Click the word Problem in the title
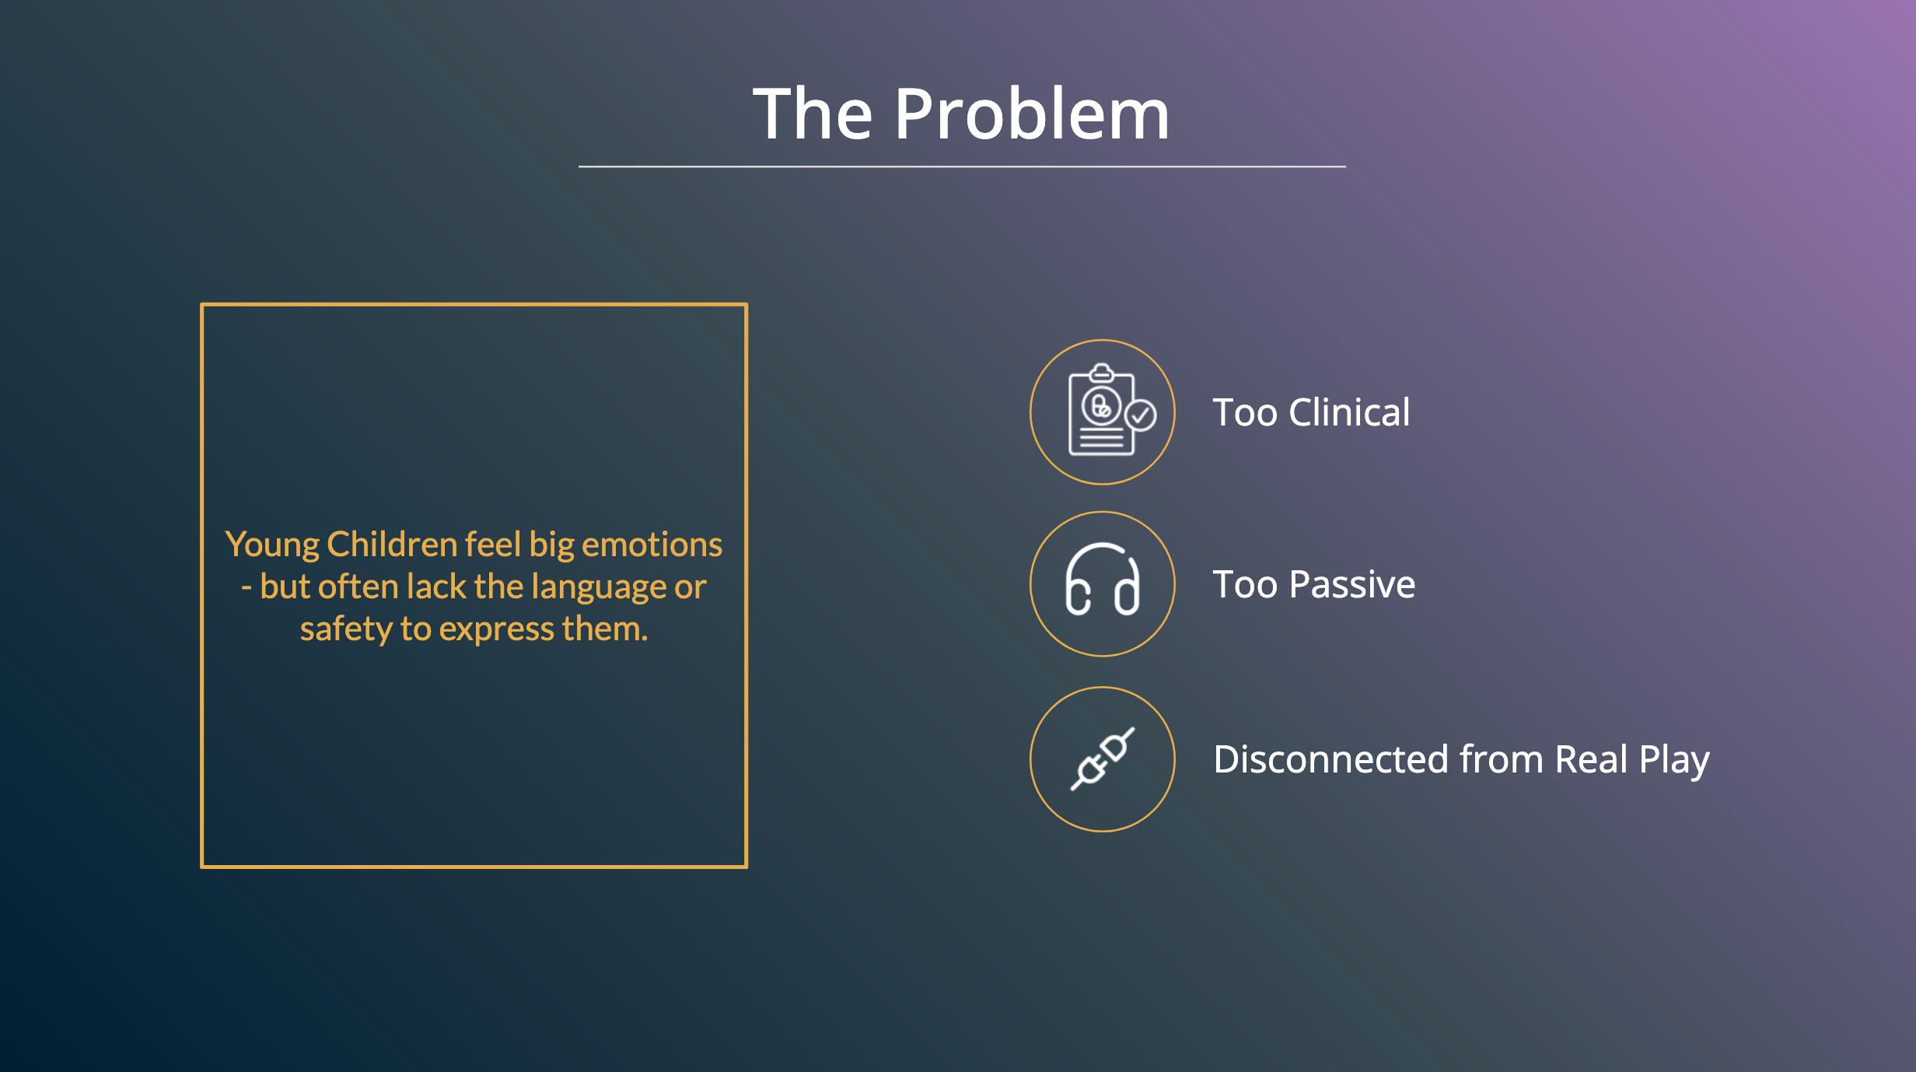pos(1032,114)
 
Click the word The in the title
pos(813,114)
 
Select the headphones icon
pos(1103,580)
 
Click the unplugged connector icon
pos(1103,758)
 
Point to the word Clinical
pos(1349,412)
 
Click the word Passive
pos(1352,584)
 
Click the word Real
pos(1591,758)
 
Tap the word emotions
pos(652,545)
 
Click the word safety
pos(346,629)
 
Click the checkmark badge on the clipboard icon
pos(1141,415)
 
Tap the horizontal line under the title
pos(962,166)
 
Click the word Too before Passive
pos(1246,584)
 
